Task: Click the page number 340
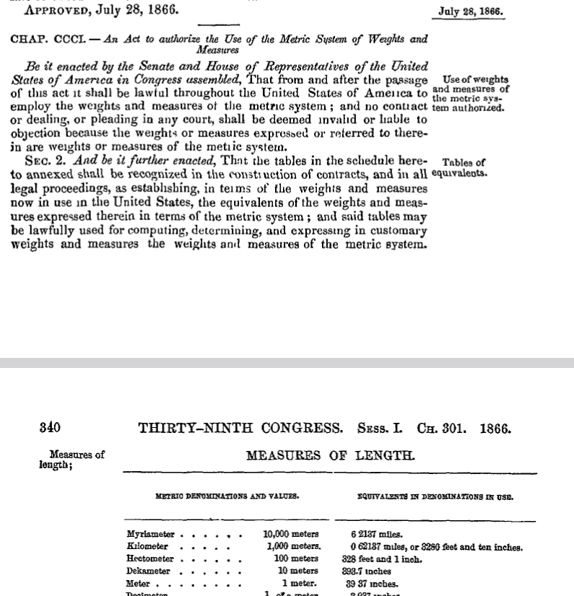[51, 428]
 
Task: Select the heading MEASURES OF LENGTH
[331, 456]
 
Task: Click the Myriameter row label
[151, 535]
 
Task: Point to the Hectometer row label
[150, 559]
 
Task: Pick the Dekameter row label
[149, 571]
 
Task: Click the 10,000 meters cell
[292, 535]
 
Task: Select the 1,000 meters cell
[293, 547]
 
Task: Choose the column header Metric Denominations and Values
[227, 496]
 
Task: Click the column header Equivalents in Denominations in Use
[435, 496]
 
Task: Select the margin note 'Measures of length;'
[72, 460]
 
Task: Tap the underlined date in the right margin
[471, 12]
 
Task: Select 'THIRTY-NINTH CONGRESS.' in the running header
[241, 428]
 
